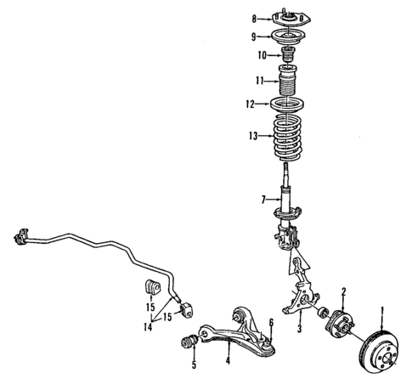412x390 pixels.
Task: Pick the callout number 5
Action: click(194, 366)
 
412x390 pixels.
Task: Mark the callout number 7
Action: click(264, 199)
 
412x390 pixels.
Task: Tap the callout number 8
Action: click(253, 18)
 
